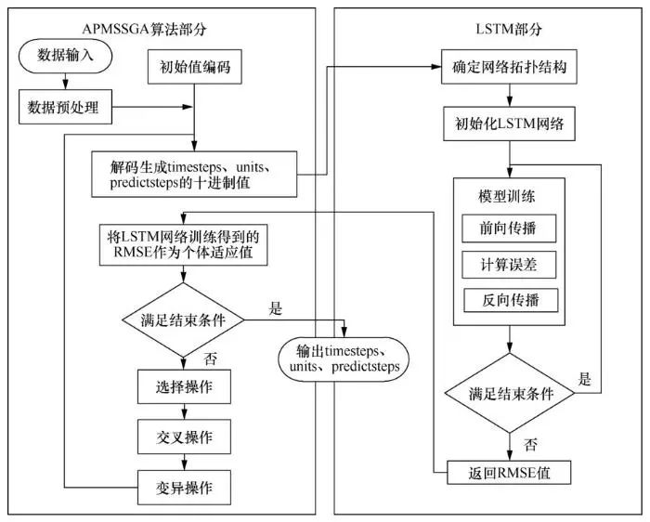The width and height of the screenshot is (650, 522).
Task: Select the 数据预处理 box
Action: pyautogui.click(x=64, y=109)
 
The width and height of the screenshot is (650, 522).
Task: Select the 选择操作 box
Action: pyautogui.click(x=183, y=386)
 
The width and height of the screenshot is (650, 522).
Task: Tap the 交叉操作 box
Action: pyautogui.click(x=183, y=436)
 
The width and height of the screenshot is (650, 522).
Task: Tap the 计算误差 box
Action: pyautogui.click(x=509, y=265)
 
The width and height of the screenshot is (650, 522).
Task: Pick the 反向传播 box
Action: pyautogui.click(x=509, y=301)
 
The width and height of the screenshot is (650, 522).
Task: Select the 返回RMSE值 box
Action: pyautogui.click(x=509, y=472)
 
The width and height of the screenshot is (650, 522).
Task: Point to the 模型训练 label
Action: pyautogui.click(x=508, y=196)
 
